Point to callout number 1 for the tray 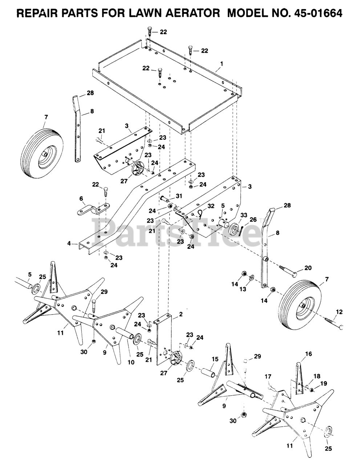222,63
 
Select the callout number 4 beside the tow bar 69,244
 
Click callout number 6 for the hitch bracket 81,198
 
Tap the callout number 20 308,268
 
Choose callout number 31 178,196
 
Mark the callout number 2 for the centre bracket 181,314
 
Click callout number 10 130,362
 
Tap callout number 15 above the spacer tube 215,359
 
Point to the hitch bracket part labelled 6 94,210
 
